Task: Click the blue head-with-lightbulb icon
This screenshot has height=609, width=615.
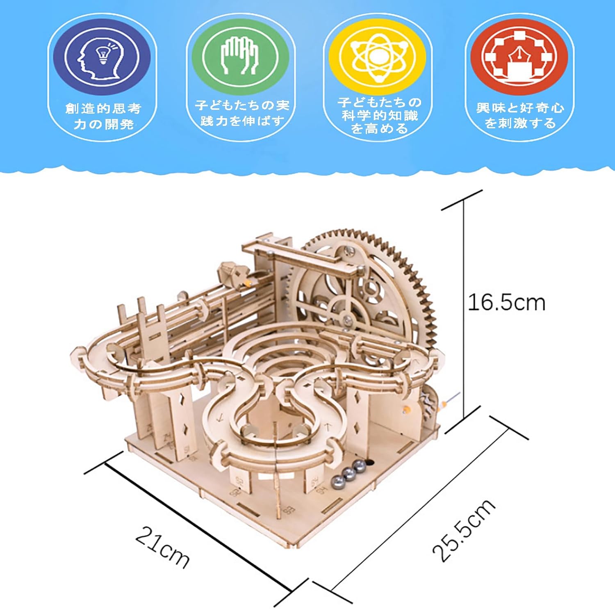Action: coord(102,57)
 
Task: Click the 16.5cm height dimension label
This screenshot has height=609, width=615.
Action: coord(507,303)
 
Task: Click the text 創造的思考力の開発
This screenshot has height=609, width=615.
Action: coord(103,116)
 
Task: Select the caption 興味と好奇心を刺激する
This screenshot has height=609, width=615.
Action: coord(520,115)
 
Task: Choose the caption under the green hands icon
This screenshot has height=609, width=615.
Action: coord(242,113)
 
